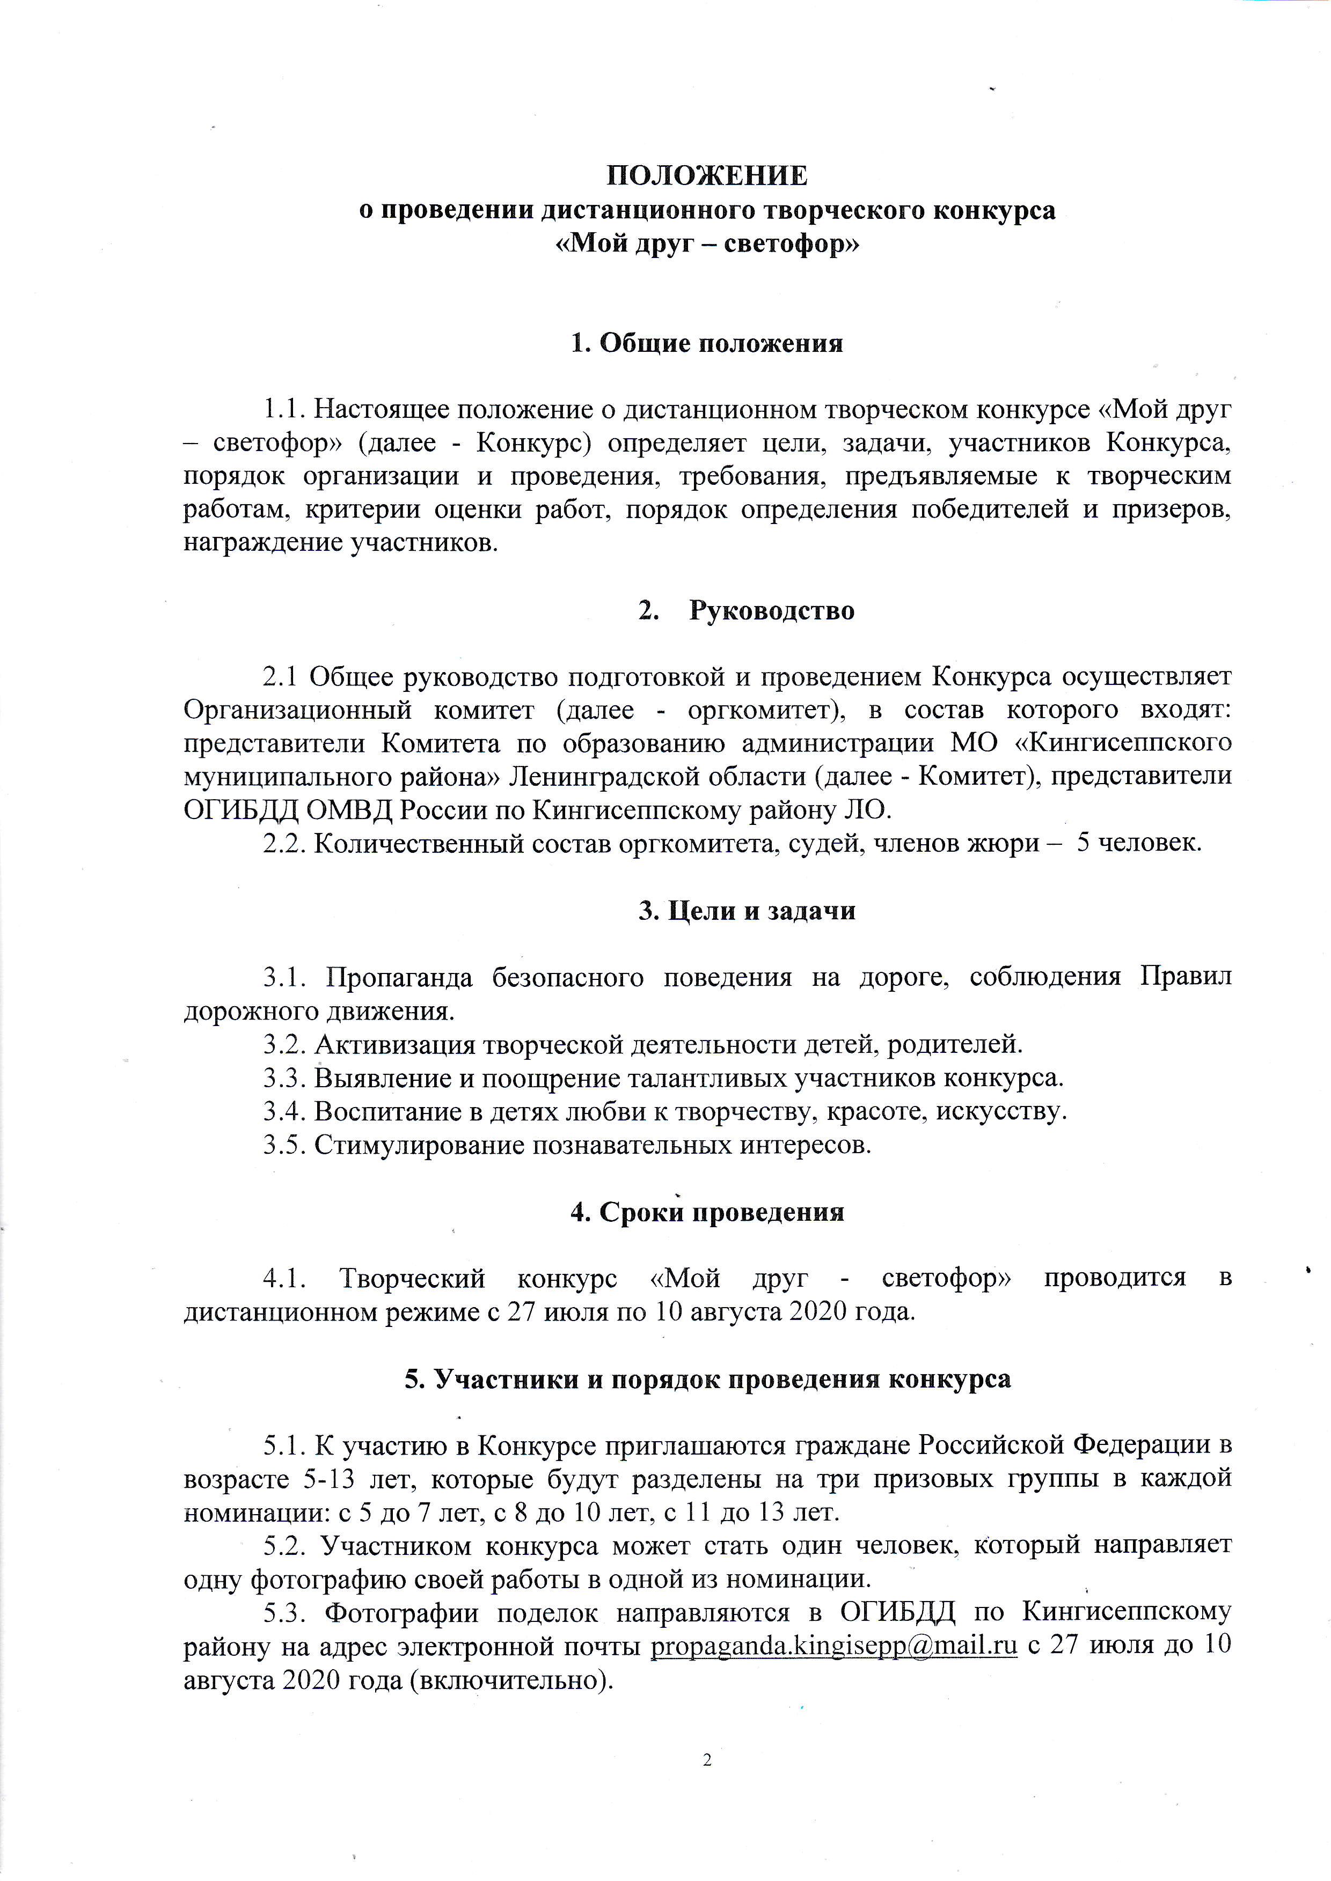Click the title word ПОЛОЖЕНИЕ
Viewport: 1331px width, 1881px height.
click(x=706, y=175)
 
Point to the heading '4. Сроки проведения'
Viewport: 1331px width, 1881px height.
click(x=706, y=1212)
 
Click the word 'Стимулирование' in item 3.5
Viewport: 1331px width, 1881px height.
click(x=420, y=1145)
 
